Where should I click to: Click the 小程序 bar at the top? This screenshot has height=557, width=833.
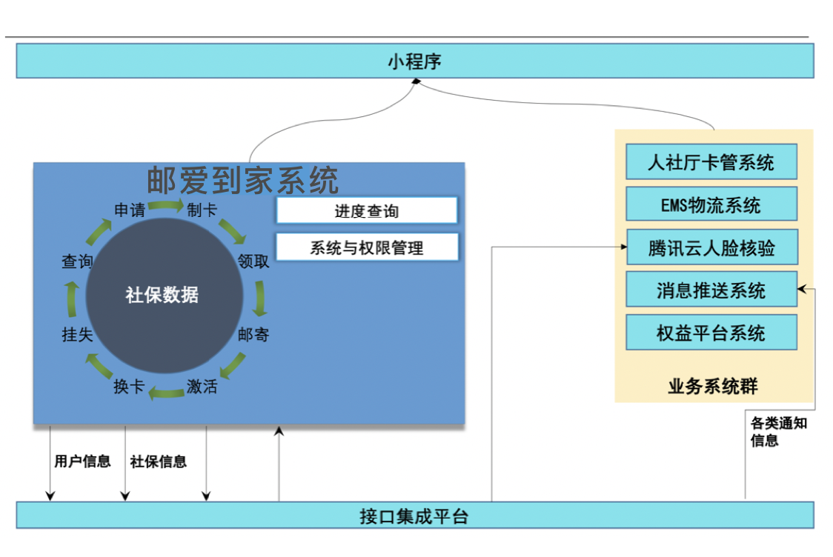415,61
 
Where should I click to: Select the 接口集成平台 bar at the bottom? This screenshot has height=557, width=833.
415,516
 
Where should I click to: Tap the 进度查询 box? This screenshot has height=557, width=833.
367,211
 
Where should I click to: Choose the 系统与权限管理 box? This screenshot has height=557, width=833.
367,248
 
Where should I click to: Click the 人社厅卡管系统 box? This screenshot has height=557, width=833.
711,162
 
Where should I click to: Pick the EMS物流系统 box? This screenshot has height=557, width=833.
711,204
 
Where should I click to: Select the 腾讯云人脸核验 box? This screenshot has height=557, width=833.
711,247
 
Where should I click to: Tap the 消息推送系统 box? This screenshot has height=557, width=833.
711,290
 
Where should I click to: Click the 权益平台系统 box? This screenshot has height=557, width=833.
711,333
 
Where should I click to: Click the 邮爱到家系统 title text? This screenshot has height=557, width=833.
242,180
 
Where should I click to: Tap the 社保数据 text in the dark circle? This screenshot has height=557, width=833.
162,295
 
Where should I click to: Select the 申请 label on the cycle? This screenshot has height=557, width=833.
130,210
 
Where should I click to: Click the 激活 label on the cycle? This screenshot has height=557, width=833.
202,386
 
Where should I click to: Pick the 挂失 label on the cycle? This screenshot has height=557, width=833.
77,335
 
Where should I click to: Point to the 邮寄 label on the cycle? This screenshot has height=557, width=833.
253,335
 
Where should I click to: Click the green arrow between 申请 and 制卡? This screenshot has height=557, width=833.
165,205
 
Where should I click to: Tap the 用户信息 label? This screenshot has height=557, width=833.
82,461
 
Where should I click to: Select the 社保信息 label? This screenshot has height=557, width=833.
159,461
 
